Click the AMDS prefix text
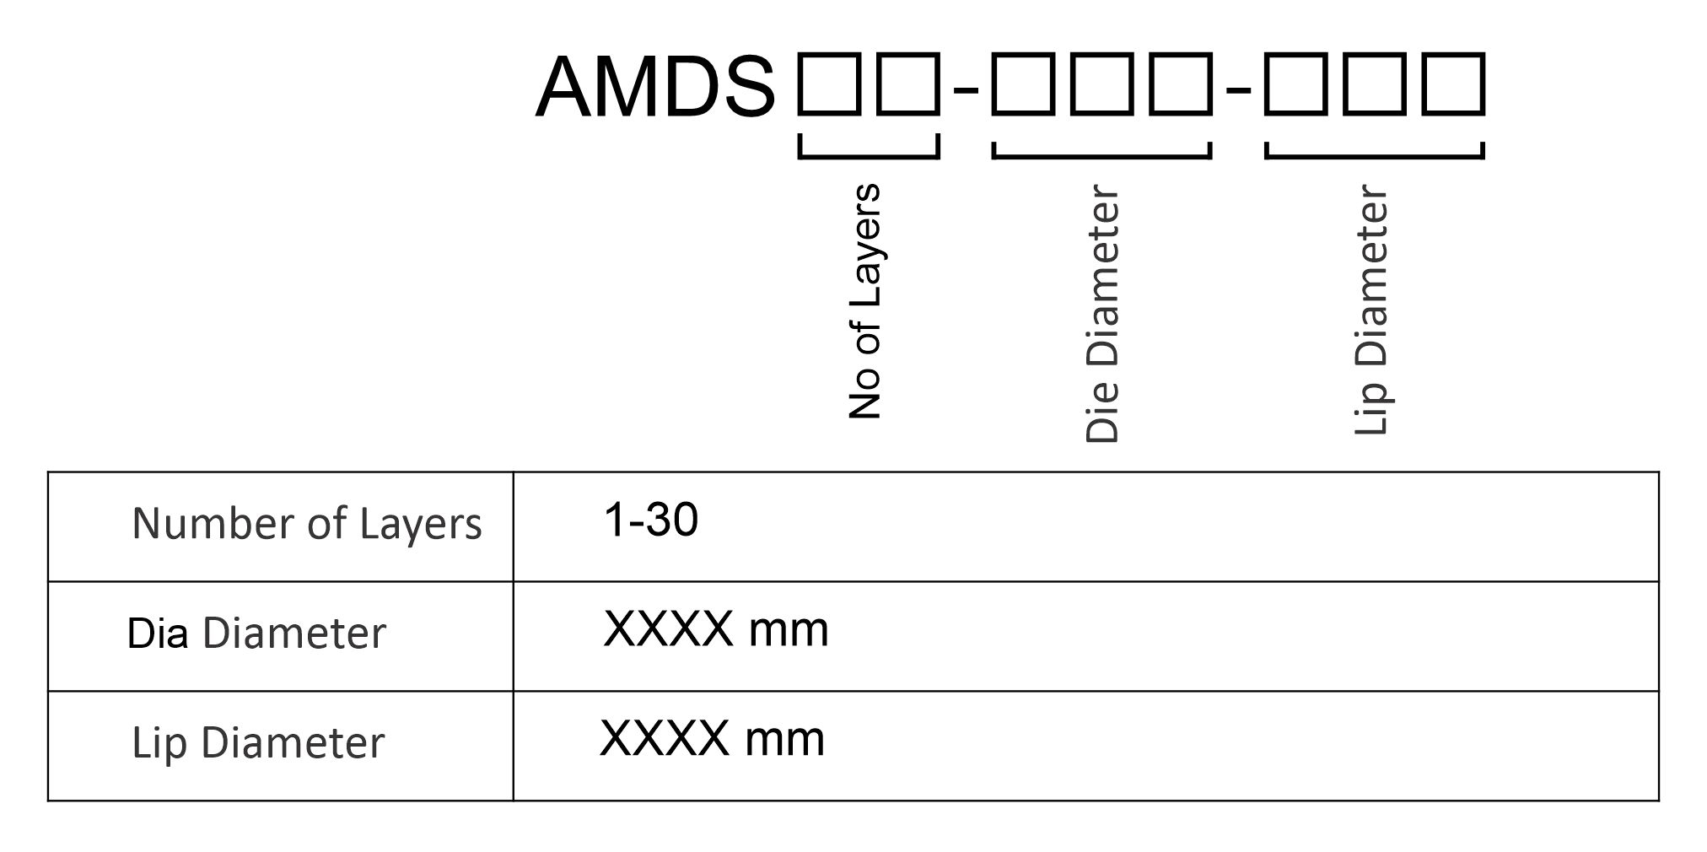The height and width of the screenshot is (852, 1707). (654, 88)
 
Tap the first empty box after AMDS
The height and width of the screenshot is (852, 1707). (830, 84)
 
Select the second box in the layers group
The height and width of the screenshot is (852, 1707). (907, 84)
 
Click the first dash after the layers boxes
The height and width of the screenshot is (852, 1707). (966, 88)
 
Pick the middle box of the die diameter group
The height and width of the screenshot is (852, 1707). (1102, 84)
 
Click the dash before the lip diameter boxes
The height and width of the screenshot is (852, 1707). (1238, 88)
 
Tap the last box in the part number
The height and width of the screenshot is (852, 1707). (1454, 84)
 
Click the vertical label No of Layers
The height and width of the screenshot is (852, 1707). (865, 301)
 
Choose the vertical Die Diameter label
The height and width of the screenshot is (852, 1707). (1102, 313)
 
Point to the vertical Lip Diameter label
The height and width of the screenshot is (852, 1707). (1371, 310)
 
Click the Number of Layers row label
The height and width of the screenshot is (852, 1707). (307, 524)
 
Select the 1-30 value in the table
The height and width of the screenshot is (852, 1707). (651, 520)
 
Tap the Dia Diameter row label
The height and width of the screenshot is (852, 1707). (256, 634)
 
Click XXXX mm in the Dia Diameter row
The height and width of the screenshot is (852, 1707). (716, 629)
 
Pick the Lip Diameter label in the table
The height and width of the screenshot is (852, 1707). (258, 743)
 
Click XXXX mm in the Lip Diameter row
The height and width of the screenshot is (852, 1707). (712, 739)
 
